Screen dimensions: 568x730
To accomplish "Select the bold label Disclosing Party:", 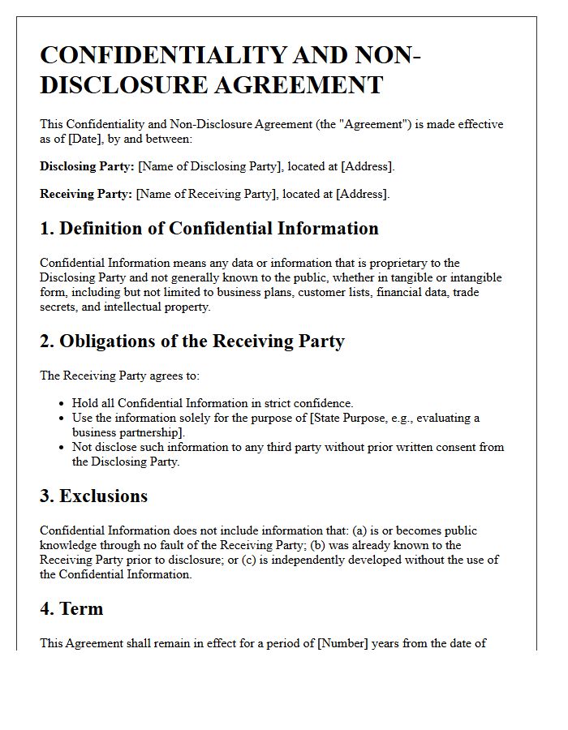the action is point(87,166).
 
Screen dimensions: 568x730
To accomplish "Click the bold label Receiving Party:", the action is point(86,194).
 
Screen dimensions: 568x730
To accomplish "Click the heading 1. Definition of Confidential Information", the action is point(209,229).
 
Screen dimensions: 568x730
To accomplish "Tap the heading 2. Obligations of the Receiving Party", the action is point(192,341).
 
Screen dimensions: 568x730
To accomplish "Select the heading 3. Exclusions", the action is point(93,496).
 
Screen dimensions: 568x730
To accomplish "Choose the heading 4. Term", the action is point(71,608).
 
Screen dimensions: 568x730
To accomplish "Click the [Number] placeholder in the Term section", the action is point(343,643).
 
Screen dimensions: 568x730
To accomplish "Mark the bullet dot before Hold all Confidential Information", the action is point(62,403).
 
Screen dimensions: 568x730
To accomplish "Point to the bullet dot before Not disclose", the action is point(62,447).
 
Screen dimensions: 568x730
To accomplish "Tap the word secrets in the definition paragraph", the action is point(59,307).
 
